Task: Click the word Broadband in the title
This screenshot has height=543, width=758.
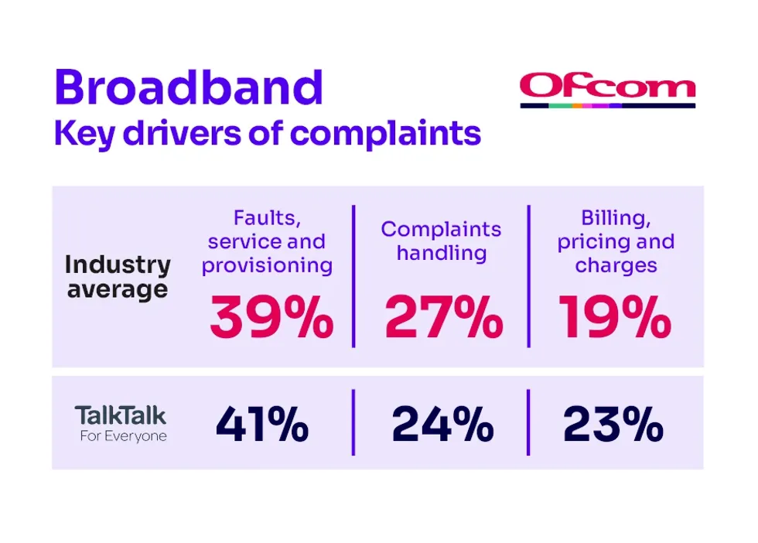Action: (x=188, y=87)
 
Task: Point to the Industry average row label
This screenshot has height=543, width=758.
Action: (x=118, y=276)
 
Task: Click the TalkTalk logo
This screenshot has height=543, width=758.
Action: (x=120, y=415)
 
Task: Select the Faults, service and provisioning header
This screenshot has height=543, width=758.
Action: (x=267, y=242)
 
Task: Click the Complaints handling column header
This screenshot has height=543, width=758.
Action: (x=441, y=241)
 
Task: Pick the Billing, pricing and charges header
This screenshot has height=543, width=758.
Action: (x=616, y=241)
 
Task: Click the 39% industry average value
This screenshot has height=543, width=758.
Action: (x=271, y=318)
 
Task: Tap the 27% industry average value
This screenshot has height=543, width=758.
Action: (x=443, y=318)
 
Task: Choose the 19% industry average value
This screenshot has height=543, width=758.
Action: (x=614, y=318)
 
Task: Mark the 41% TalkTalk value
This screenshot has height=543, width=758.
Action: (x=262, y=424)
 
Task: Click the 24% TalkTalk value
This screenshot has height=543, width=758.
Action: (x=442, y=424)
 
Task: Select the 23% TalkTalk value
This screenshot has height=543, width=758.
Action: (x=613, y=424)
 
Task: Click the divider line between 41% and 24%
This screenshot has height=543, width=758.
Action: (x=354, y=422)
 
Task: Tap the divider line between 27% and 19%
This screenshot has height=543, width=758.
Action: (x=529, y=276)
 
